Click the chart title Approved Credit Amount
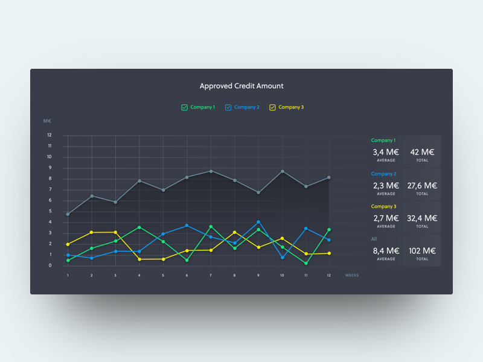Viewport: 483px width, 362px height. click(x=241, y=86)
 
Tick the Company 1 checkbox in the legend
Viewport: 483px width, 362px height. click(x=184, y=107)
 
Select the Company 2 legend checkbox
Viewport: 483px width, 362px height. click(x=228, y=107)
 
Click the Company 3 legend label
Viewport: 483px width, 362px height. click(x=291, y=107)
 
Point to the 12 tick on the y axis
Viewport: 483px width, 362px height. click(x=50, y=135)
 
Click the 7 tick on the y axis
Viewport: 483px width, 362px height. click(x=50, y=189)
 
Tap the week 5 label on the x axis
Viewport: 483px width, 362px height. click(x=162, y=275)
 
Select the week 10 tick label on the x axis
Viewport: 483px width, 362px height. click(x=282, y=275)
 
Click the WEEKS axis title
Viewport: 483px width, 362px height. click(x=352, y=275)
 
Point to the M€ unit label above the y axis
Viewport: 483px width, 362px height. click(x=48, y=121)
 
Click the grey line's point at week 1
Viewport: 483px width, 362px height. click(x=68, y=214)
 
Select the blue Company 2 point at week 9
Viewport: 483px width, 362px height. click(x=258, y=222)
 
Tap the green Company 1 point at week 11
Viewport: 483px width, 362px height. click(x=306, y=263)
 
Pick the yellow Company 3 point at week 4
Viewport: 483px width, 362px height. click(x=139, y=259)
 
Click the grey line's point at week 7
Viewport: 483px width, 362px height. click(x=211, y=171)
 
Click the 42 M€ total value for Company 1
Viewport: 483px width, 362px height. click(x=423, y=152)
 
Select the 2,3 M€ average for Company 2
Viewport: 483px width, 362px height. click(x=386, y=186)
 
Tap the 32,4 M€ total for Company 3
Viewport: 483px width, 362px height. click(x=423, y=218)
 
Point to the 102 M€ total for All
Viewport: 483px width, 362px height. click(x=423, y=251)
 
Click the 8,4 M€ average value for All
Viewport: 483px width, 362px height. click(x=386, y=251)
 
